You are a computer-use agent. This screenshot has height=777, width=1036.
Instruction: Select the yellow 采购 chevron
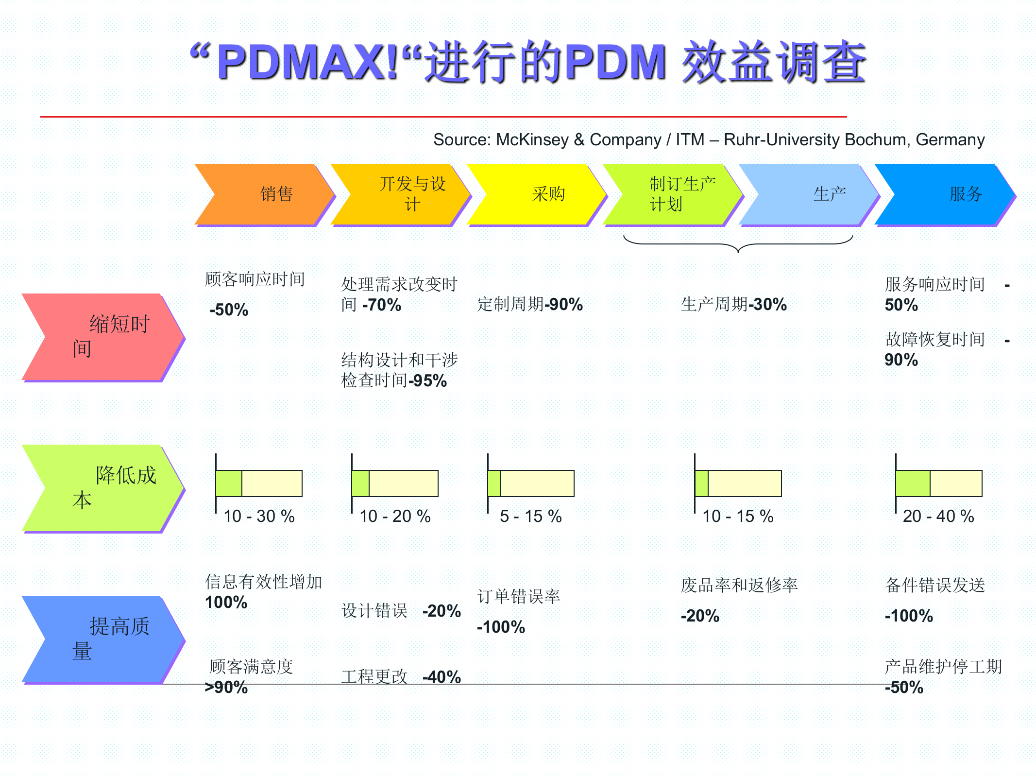[539, 194]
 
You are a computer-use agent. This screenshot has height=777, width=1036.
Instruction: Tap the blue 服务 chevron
[947, 194]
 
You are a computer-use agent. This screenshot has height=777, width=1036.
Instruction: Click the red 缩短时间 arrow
[102, 337]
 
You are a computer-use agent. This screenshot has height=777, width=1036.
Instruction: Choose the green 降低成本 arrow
[102, 488]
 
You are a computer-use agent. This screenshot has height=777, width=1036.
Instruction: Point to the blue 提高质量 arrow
[102, 639]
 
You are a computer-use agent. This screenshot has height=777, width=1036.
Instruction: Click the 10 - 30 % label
[259, 516]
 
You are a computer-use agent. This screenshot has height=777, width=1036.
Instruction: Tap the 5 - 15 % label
[531, 516]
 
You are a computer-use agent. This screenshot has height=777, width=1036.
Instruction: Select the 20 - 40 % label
[938, 516]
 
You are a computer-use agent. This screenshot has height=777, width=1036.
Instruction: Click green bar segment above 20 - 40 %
[913, 483]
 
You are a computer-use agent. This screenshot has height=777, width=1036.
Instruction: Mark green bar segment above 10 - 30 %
[229, 483]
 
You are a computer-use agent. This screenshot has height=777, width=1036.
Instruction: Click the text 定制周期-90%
[530, 305]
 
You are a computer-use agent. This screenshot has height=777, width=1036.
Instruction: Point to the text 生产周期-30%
[733, 305]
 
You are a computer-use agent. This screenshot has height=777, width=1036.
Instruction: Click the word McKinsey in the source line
[532, 140]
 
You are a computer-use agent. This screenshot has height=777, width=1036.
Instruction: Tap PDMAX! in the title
[308, 62]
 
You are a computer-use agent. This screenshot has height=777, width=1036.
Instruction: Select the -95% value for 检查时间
[428, 381]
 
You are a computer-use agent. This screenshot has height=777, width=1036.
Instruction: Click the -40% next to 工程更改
[442, 677]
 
